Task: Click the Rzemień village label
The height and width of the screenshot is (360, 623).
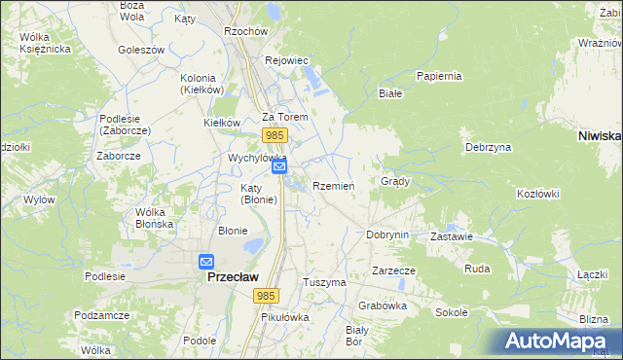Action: tap(333, 186)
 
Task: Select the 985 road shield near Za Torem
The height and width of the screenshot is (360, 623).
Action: tap(274, 134)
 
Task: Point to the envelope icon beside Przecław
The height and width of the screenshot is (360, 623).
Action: tap(206, 262)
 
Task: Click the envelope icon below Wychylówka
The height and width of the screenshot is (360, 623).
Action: tap(279, 167)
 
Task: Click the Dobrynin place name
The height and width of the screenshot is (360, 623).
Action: tap(386, 234)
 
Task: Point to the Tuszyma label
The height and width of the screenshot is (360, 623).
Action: tap(325, 282)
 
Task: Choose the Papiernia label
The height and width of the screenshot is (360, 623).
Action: tap(438, 76)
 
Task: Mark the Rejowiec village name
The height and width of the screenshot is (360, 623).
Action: tap(286, 60)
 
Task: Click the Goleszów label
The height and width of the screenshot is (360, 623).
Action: tap(141, 49)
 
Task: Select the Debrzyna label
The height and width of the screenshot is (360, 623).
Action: tap(488, 147)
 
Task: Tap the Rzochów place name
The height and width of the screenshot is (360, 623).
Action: tap(245, 31)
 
